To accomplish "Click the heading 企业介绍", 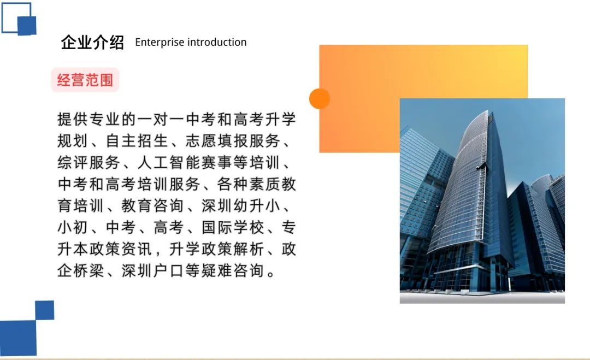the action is point(92,42).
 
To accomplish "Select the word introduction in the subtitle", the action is point(217,42).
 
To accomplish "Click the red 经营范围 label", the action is point(85,80).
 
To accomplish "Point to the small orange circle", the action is point(320,98).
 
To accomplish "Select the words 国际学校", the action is point(233,227).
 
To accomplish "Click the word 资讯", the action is point(137,249).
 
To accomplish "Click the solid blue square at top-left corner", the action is point(27,26).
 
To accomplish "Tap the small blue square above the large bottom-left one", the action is point(44,310).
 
